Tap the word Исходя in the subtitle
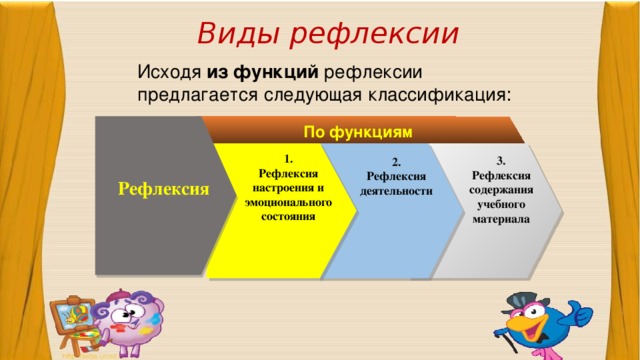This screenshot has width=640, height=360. click(x=169, y=72)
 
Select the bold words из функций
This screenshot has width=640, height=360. click(x=262, y=72)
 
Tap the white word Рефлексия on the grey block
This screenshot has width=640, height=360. click(x=163, y=188)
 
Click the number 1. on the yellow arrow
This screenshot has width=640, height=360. click(x=288, y=159)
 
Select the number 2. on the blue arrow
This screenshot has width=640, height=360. click(x=397, y=162)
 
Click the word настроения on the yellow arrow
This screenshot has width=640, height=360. click(x=288, y=187)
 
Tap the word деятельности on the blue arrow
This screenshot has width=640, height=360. click(x=397, y=190)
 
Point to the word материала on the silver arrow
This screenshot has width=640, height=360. click(x=501, y=217)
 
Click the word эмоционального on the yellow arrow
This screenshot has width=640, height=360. click(x=288, y=201)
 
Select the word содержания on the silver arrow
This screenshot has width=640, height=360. click(x=501, y=189)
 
